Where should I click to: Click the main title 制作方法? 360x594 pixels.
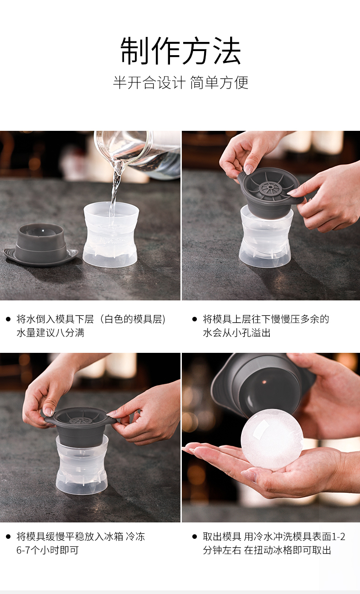tap(180, 51)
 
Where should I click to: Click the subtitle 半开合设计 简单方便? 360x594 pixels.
tap(180, 82)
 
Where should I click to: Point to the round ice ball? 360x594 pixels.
tap(272, 439)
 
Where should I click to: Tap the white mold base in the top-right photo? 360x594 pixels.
tap(266, 238)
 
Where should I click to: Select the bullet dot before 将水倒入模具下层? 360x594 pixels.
tap(8, 319)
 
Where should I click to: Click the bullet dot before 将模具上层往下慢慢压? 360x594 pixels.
tap(195, 319)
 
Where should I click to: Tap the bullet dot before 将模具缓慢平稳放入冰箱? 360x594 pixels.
tap(8, 537)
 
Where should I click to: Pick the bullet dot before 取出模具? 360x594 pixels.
tap(195, 537)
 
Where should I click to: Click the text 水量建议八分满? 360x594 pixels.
tap(51, 332)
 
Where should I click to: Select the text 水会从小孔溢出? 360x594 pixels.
tap(237, 332)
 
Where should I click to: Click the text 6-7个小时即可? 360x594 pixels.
tap(48, 550)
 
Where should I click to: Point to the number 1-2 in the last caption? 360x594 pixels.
tap(339, 537)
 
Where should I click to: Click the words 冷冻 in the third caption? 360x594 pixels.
tap(135, 537)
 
